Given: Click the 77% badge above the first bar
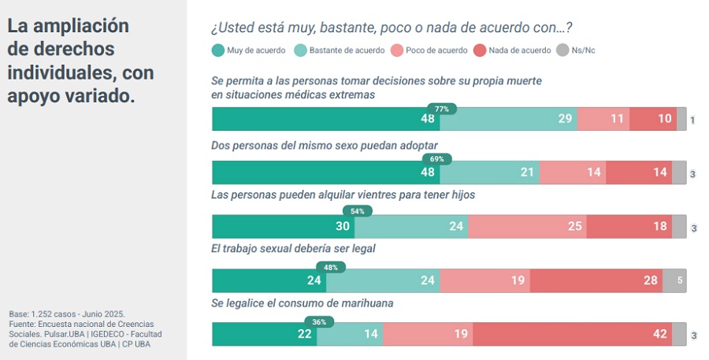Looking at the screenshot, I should tap(442, 109).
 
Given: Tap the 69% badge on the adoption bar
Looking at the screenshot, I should tap(436, 159).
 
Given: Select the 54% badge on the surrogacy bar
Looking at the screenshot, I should tap(357, 212).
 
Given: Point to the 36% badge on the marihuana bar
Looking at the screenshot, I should tap(319, 321).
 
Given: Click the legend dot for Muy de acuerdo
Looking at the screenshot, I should tap(217, 50).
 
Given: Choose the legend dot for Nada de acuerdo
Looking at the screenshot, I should tap(480, 50).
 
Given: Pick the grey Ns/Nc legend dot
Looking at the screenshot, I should tap(562, 50).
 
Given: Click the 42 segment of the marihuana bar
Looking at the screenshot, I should tap(572, 335).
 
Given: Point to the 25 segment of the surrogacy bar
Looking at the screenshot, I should tap(527, 227).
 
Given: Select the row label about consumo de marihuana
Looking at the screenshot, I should tap(303, 302).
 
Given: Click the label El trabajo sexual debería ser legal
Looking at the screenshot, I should tap(293, 248).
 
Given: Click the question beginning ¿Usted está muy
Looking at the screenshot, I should tap(392, 28).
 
